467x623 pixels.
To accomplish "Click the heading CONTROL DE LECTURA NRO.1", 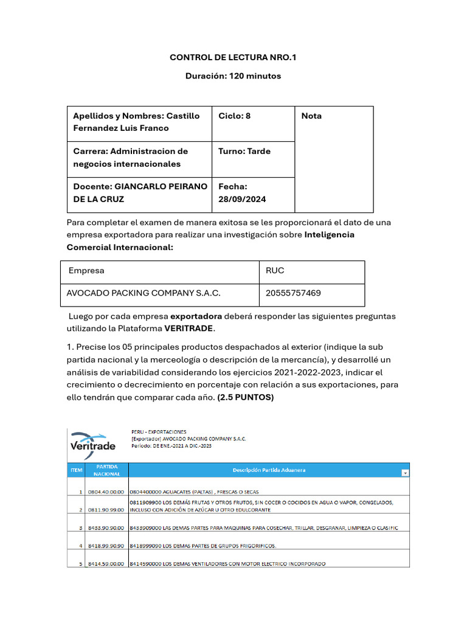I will (233, 58).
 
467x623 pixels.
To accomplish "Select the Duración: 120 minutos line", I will (233, 76).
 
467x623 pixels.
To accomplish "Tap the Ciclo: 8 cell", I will (235, 116).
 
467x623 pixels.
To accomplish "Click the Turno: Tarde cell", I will (244, 151).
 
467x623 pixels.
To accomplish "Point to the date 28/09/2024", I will (242, 199).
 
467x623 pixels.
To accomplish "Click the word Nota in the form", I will (311, 116).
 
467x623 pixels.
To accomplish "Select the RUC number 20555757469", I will (294, 293).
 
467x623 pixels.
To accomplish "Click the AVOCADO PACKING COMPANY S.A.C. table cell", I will (144, 293).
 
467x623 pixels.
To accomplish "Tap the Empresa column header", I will (86, 271).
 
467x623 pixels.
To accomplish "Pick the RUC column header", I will (275, 271).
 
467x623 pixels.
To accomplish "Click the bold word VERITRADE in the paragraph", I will (189, 328).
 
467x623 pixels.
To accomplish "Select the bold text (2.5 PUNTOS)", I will (245, 397).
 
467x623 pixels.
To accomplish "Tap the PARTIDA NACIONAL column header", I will (108, 470).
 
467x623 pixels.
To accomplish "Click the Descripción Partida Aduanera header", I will (269, 470).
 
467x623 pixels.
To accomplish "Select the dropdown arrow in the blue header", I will (405, 473).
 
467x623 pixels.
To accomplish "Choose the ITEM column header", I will (75, 470).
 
